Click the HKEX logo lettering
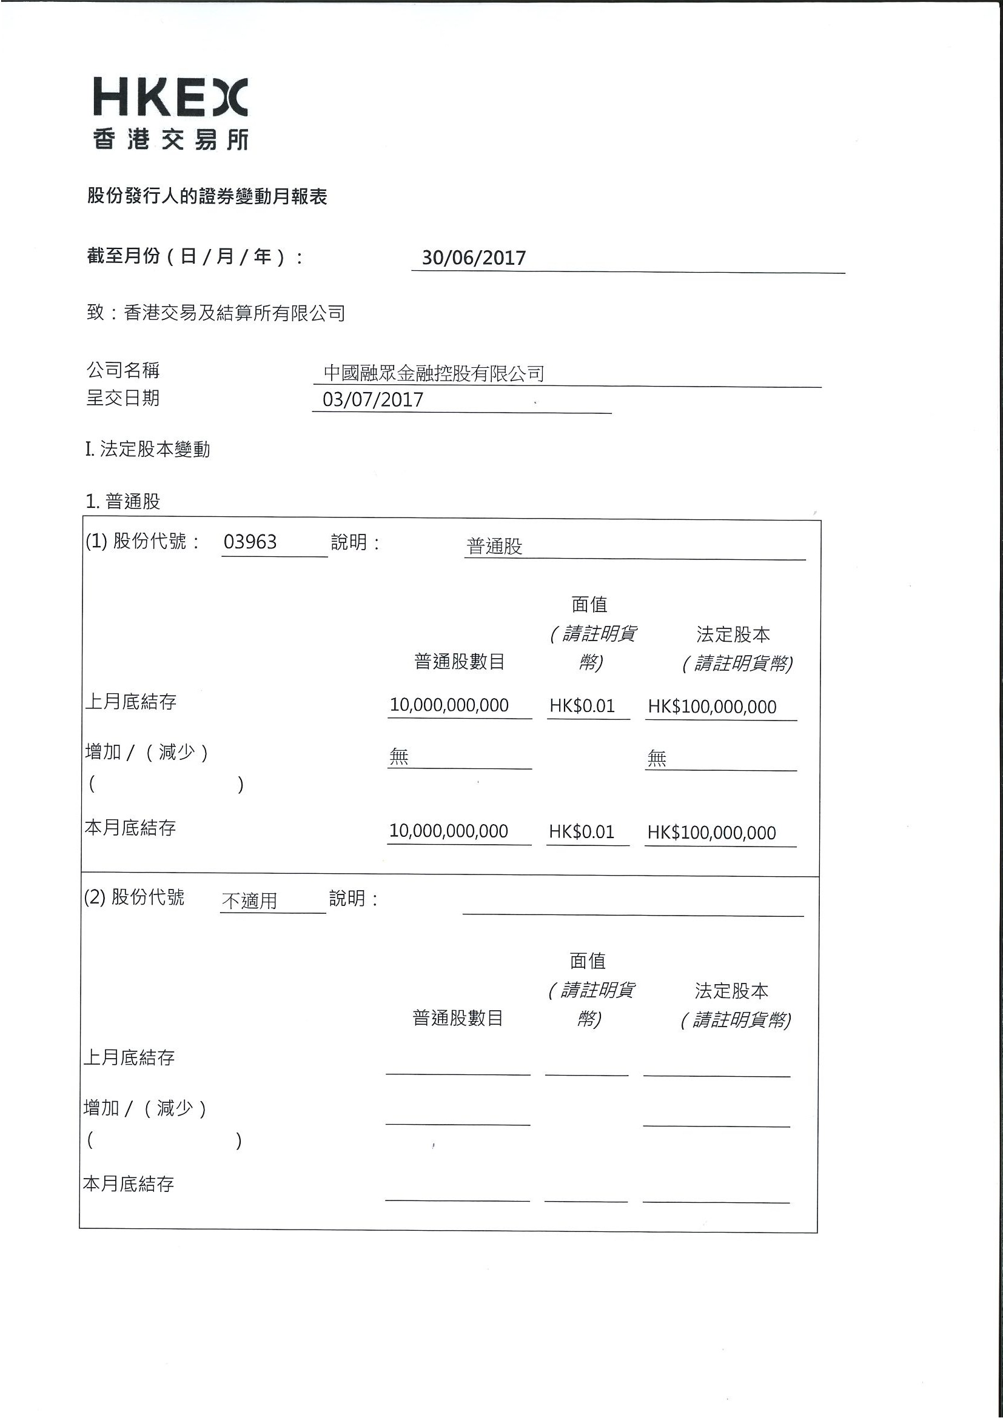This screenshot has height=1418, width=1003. [170, 98]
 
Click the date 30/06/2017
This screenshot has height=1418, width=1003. [474, 258]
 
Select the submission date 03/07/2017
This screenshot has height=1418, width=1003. [373, 399]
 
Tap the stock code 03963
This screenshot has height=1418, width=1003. [250, 542]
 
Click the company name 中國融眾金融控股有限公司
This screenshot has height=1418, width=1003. [434, 373]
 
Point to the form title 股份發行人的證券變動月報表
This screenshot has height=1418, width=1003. [207, 196]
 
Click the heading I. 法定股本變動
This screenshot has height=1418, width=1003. [148, 449]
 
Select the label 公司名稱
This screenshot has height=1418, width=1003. [123, 370]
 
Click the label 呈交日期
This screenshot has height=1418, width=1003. [123, 398]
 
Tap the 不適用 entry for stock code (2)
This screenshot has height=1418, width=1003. [249, 900]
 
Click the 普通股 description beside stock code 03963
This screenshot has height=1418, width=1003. [494, 546]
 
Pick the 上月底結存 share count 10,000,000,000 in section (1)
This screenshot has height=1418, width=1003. [449, 705]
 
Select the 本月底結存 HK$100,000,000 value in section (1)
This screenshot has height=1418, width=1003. [711, 833]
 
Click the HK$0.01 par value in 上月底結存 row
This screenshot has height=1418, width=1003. [582, 706]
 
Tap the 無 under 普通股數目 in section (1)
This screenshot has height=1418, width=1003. [399, 756]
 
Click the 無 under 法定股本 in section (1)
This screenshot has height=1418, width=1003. [656, 758]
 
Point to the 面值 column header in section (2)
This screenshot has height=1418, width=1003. [587, 960]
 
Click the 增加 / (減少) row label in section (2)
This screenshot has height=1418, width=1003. [144, 1108]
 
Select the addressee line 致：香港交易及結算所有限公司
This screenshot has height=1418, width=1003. [216, 313]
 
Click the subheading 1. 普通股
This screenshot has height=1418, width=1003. [123, 501]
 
